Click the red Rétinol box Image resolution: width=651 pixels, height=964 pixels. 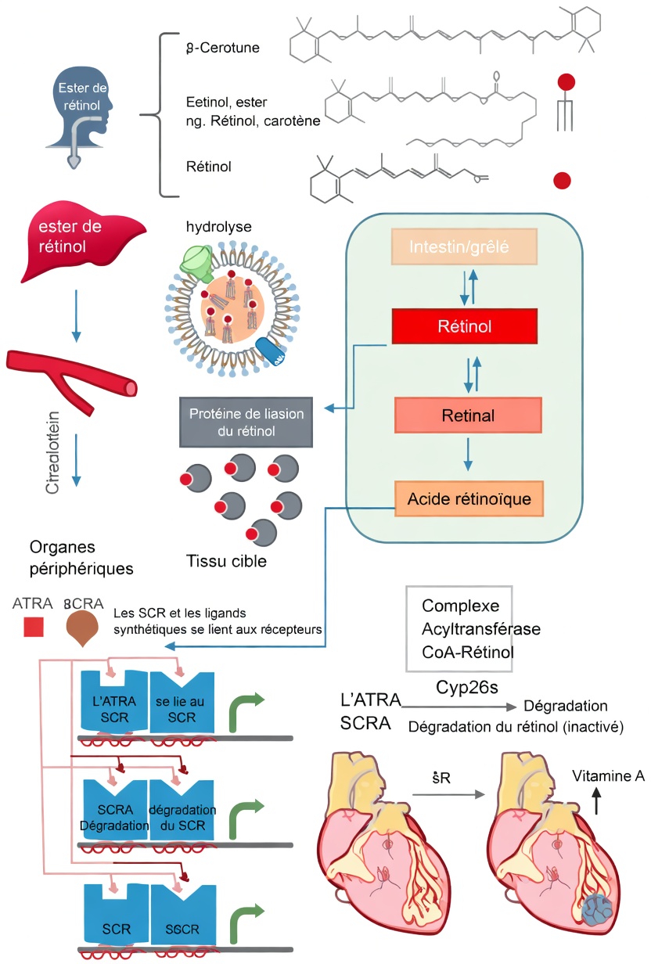pos(465,327)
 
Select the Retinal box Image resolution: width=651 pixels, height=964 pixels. pos(468,415)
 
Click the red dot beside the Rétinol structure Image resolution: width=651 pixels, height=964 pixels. pos(562,181)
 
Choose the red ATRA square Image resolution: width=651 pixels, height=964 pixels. pos(33,628)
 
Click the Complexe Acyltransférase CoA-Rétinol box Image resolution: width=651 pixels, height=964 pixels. pos(459,629)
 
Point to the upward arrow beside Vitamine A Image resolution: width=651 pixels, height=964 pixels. pos(597,802)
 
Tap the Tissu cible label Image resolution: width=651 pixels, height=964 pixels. pos(227,561)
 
